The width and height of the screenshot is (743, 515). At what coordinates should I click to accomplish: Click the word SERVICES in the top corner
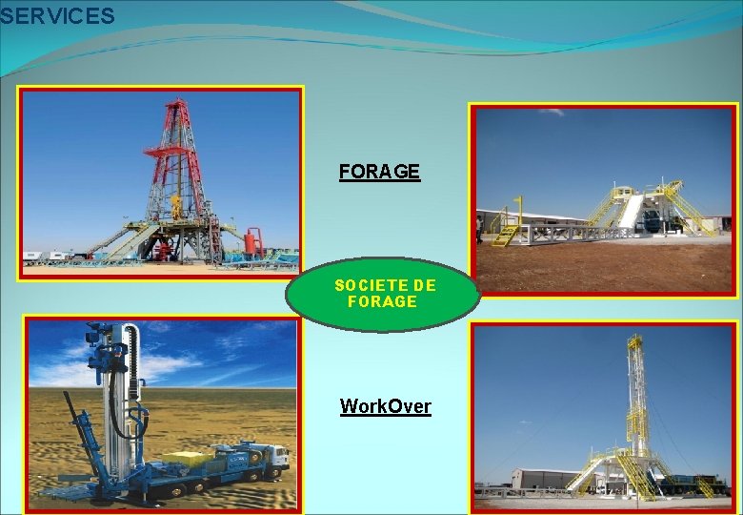coord(57,16)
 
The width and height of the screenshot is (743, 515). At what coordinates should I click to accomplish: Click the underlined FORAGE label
coord(379,172)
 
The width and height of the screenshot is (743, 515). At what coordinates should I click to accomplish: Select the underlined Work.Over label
coord(386,406)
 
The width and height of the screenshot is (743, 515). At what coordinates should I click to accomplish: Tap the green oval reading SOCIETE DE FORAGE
coord(384,294)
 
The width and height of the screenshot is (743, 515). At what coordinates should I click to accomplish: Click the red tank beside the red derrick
coord(253,241)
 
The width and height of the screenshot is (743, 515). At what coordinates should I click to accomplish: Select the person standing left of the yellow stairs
coord(479,228)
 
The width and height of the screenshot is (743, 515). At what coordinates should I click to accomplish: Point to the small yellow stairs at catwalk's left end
coord(507,233)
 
